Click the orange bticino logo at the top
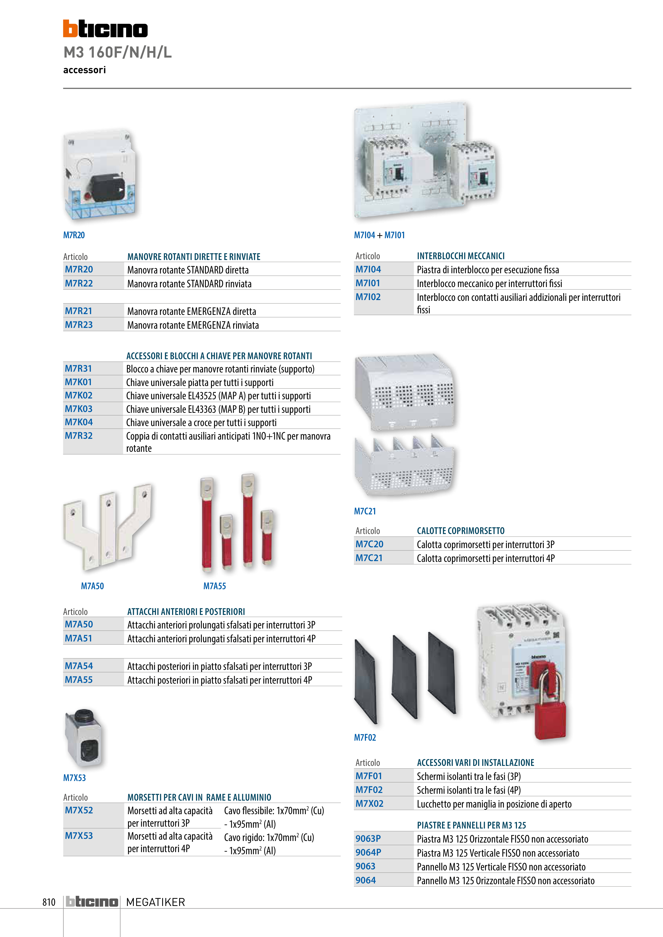click(105, 29)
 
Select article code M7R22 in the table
click(79, 283)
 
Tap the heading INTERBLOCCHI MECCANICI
click(460, 256)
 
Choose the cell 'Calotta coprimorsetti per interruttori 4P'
click(485, 558)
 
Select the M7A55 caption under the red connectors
click(215, 586)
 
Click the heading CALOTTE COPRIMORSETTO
click(460, 531)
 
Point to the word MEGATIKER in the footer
click(156, 902)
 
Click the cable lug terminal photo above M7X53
click(84, 738)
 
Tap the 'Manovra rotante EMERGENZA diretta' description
click(192, 311)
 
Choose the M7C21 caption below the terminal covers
click(365, 511)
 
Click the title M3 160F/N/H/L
click(118, 52)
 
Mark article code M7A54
click(79, 666)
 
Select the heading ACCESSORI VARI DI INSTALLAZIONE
click(476, 762)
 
